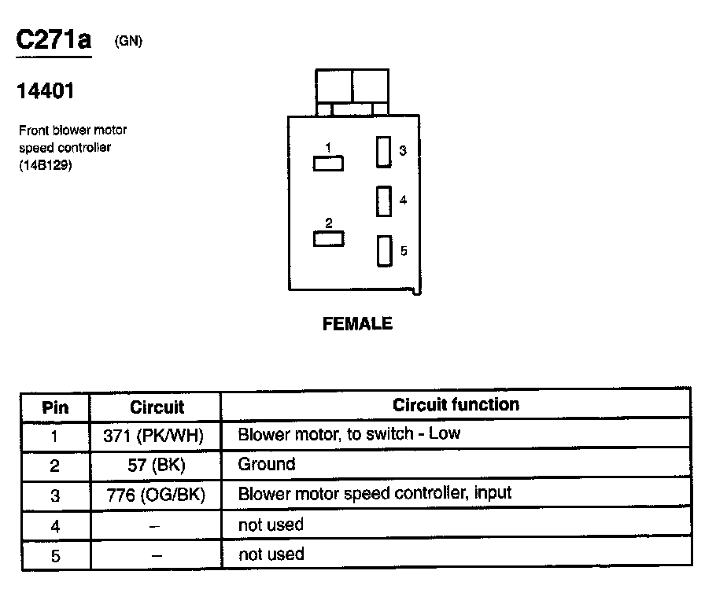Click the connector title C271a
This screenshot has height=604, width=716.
[54, 42]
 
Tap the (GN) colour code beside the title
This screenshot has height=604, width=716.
[128, 42]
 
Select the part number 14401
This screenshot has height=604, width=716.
[46, 92]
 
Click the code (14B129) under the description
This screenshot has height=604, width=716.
[46, 165]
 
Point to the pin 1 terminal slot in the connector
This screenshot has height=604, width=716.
[328, 163]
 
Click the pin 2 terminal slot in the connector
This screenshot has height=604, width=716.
[328, 238]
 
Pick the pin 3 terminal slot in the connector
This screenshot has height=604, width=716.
[383, 151]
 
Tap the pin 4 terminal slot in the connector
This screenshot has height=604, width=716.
[383, 201]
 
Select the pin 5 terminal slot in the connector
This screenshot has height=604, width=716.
[383, 251]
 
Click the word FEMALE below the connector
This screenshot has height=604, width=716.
[357, 323]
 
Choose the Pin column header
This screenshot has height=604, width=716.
[55, 407]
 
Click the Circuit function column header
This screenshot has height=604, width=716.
[456, 405]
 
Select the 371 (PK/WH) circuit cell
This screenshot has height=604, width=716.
[154, 436]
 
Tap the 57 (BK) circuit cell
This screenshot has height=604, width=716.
[156, 465]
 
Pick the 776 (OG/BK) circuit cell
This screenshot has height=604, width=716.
[154, 495]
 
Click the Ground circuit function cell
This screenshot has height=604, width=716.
[267, 464]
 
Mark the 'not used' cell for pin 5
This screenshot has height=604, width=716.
[271, 554]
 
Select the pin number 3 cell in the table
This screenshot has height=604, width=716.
[55, 495]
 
